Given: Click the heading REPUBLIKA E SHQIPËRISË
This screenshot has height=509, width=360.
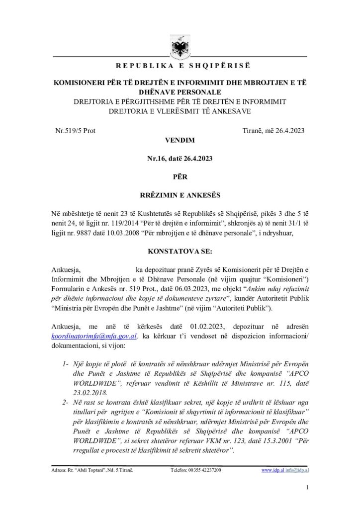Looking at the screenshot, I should pos(180,67).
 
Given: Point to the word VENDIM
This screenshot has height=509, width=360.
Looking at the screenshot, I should pos(180,141).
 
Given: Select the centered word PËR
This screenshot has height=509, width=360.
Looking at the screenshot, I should pos(180,175).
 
